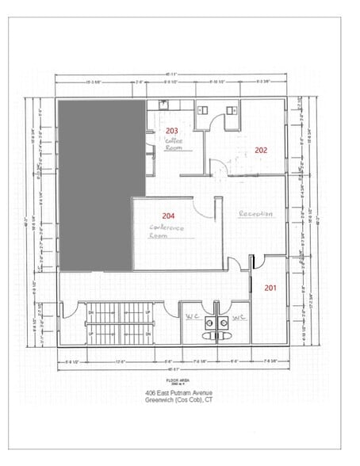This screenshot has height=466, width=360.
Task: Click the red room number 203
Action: pos(171,131)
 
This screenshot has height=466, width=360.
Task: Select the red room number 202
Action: pos(261,149)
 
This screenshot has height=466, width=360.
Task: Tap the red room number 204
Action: pos(168,216)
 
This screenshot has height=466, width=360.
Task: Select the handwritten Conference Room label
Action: pos(166,231)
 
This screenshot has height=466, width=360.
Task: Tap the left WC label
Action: pos(192,318)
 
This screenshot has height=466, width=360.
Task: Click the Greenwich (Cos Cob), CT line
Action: pos(179,400)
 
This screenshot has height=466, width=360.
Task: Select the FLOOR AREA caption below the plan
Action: pos(179,380)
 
